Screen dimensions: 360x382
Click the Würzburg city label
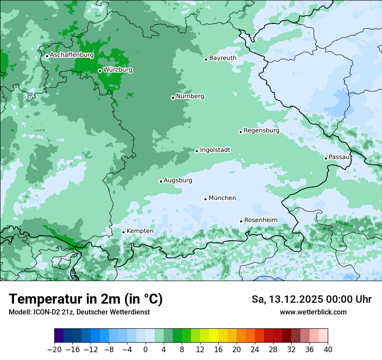pos(118,70)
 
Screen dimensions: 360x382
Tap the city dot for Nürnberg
pos(173,98)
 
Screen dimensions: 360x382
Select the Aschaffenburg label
pos(72,55)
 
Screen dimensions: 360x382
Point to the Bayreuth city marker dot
pos(206,59)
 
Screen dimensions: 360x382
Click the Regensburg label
pos(261,131)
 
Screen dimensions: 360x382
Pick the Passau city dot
pos(326,158)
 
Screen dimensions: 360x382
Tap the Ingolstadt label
pos(215,150)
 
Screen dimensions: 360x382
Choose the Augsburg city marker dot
pos(161,181)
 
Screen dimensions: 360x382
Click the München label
pos(222,198)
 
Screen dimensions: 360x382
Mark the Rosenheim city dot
pos(241,221)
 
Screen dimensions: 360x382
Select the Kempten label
pos(140,231)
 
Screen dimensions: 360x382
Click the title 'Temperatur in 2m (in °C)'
pos(86,299)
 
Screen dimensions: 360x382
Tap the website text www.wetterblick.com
pos(313,312)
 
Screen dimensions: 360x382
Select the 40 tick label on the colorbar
pos(328,350)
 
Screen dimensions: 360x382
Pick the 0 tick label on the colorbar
pos(145,350)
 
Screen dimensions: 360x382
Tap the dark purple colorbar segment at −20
pos(59,336)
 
